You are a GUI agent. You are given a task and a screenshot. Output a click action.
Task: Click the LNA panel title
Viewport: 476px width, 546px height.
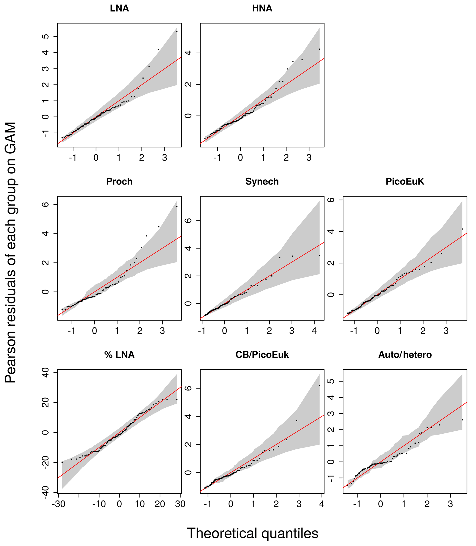pyautogui.click(x=119, y=9)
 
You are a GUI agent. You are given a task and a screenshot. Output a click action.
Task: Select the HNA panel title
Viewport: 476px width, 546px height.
pyautogui.click(x=262, y=9)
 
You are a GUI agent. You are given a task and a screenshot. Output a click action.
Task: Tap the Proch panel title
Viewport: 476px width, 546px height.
pyautogui.click(x=119, y=182)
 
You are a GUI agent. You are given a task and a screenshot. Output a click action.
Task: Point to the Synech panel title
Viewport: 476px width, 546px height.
pyautogui.click(x=262, y=182)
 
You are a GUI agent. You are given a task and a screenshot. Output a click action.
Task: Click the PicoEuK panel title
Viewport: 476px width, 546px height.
pyautogui.click(x=405, y=182)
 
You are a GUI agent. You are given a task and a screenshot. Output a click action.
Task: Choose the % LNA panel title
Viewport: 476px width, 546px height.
pyautogui.click(x=119, y=355)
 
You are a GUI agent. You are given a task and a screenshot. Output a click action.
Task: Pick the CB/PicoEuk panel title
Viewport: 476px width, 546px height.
pyautogui.click(x=262, y=355)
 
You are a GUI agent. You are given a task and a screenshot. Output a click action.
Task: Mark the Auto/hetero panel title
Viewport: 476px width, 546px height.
pyautogui.click(x=405, y=355)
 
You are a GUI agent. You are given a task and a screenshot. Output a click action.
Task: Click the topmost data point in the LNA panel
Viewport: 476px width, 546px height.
pyautogui.click(x=177, y=31)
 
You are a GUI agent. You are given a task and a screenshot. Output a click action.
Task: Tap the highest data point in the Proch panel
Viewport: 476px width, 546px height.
pyautogui.click(x=177, y=206)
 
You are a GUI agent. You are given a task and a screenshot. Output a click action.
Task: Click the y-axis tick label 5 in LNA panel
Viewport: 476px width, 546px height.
pyautogui.click(x=46, y=36)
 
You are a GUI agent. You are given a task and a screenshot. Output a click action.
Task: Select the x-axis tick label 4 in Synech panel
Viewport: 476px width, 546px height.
pyautogui.click(x=314, y=331)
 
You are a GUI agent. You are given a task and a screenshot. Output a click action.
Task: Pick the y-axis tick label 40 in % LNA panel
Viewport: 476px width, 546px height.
pyautogui.click(x=46, y=373)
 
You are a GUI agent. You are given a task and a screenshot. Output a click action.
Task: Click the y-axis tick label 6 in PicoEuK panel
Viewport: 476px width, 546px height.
pyautogui.click(x=331, y=200)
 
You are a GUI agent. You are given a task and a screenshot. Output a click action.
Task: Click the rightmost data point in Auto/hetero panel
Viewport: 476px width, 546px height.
pyautogui.click(x=462, y=420)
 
